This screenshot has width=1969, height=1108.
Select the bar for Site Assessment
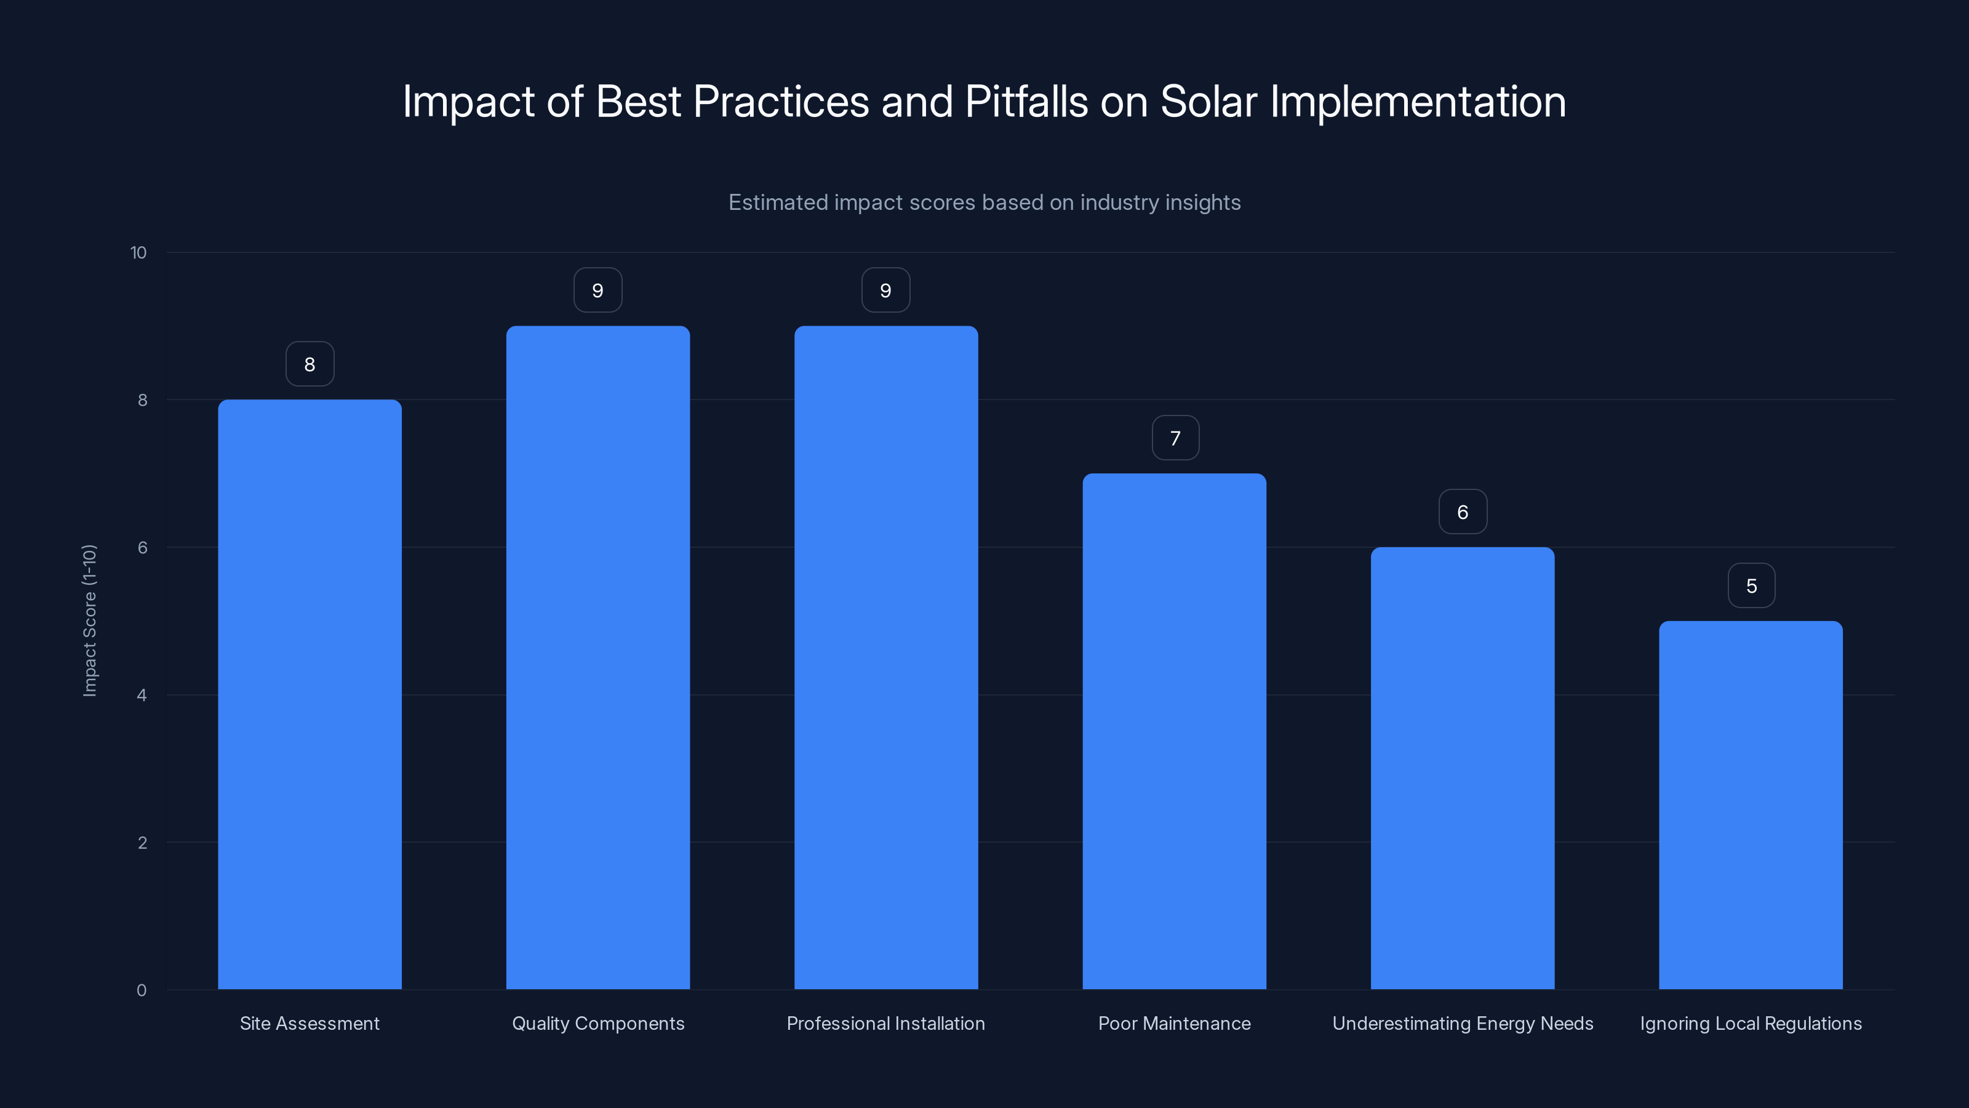(310, 694)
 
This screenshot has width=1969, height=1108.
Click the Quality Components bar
(597, 657)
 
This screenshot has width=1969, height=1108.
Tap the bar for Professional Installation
(886, 657)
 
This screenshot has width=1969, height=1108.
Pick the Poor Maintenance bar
(1174, 731)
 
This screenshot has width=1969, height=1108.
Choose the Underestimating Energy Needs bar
(1462, 768)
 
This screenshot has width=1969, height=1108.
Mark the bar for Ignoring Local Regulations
(1751, 805)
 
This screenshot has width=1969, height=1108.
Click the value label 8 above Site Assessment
(310, 364)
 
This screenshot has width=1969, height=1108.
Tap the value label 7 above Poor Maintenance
(1175, 438)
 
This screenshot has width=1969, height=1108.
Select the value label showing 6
(1462, 512)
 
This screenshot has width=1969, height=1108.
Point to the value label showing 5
(1751, 586)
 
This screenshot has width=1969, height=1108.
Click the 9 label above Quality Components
(597, 291)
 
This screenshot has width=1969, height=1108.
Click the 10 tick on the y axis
(138, 252)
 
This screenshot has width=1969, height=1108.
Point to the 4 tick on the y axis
(142, 695)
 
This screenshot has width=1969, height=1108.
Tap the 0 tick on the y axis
(142, 990)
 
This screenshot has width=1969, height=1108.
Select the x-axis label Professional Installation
(886, 1023)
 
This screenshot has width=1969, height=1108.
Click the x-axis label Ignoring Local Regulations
(1751, 1023)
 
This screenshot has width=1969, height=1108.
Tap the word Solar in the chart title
(1208, 102)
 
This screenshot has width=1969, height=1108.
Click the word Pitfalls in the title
(1026, 102)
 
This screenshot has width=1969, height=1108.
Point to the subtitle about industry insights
(985, 203)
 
